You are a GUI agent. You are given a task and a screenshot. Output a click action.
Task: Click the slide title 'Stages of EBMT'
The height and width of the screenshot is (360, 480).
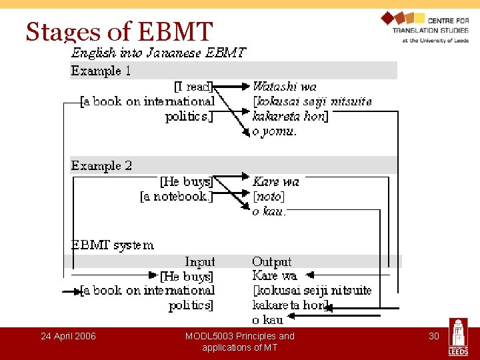point(119,31)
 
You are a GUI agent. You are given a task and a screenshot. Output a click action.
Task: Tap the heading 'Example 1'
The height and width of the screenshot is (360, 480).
point(101,71)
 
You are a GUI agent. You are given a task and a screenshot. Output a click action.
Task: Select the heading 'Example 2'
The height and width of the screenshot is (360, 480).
point(101,165)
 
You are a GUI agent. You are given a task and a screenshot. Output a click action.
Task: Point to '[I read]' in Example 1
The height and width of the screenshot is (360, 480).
point(193,87)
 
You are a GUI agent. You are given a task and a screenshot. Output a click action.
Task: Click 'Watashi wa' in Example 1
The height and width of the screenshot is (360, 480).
point(285,87)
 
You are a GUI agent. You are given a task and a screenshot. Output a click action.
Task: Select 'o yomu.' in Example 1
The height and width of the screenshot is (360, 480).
point(275,131)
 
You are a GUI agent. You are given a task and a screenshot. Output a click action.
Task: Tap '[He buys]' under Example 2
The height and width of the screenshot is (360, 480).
point(187,181)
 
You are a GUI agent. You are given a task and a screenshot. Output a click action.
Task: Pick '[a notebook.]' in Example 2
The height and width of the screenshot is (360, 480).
point(177,197)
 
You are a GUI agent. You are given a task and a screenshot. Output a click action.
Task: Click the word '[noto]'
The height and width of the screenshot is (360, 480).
point(268,197)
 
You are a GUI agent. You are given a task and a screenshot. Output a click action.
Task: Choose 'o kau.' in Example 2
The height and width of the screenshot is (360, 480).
point(269,211)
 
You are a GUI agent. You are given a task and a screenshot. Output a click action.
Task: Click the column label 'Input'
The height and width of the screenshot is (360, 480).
point(200,262)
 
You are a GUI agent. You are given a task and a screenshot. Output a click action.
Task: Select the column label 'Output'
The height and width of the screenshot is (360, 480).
point(272,262)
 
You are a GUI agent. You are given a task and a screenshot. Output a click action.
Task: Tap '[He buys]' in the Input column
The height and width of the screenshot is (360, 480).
point(187,276)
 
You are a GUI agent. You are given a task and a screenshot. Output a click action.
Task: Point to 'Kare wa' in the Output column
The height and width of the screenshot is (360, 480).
point(275,276)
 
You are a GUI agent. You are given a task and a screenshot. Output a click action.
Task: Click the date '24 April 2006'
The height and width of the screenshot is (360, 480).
point(68,336)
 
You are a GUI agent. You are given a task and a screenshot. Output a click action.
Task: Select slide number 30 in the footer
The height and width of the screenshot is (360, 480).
point(433,336)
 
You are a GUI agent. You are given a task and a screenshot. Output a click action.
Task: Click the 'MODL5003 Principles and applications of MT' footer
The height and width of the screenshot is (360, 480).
point(239,341)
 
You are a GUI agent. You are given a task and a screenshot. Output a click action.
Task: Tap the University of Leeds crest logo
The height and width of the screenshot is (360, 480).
point(459,337)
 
